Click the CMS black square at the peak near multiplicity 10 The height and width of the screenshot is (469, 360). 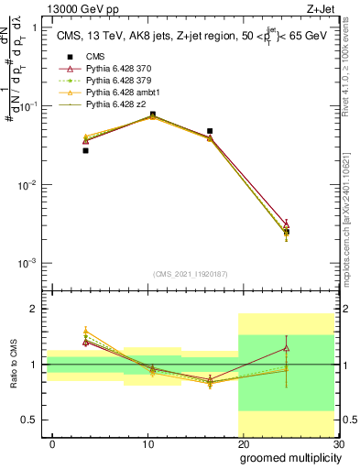tap(152, 115)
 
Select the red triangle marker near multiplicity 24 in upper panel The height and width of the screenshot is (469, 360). tap(287, 224)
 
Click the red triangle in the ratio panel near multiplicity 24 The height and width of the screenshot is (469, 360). tap(287, 348)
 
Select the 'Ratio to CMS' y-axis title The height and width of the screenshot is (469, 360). tap(13, 365)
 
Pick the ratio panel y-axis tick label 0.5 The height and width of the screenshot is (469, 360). tap(32, 420)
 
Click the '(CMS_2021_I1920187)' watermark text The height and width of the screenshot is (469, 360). tap(194, 273)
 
